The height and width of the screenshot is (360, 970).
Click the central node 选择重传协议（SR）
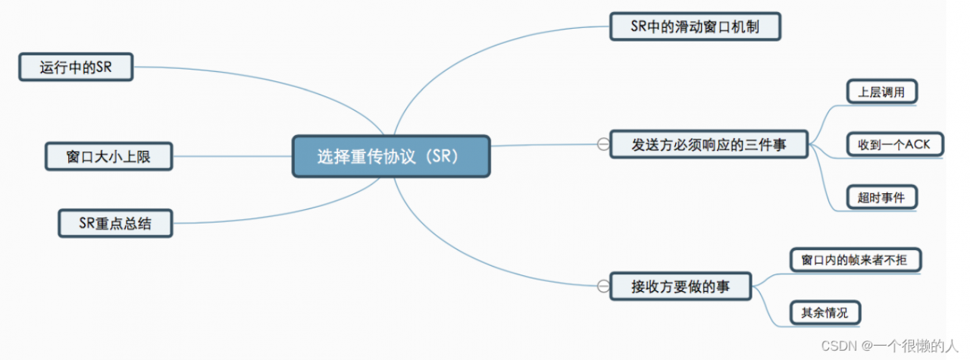391,156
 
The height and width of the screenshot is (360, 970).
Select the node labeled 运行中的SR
76,67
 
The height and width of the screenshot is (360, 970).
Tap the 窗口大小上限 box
108,157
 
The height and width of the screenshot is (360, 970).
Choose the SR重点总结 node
115,224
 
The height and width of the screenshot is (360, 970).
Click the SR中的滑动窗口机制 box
695,27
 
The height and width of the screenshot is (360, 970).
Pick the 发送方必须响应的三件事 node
709,144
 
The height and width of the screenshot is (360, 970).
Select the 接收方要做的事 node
681,286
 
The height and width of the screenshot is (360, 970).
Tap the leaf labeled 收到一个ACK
894,144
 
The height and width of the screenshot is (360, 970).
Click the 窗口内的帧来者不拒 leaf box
856,260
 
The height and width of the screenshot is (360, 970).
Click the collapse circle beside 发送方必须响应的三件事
603,144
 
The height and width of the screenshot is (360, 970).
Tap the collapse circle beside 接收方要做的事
603,286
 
